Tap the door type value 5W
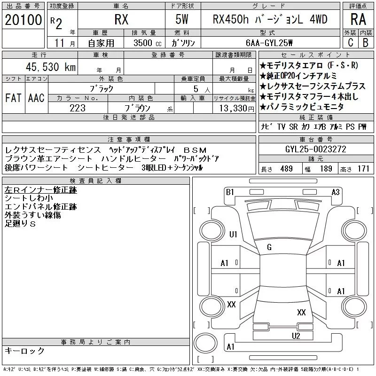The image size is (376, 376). tap(182, 20)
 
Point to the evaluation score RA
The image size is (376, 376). tap(359, 20)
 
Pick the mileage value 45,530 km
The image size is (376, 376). tap(48, 67)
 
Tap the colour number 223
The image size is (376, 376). tap(78, 109)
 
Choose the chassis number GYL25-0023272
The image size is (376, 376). tap(316, 149)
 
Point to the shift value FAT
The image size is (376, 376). tap(13, 98)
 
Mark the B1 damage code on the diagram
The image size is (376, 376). tap(230, 192)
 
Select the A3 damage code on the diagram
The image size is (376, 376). tap(336, 192)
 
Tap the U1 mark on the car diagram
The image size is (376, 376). tap(233, 235)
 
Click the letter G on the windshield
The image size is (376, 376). tap(269, 247)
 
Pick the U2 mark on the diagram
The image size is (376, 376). tap(296, 336)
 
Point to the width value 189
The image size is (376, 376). tap(326, 169)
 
